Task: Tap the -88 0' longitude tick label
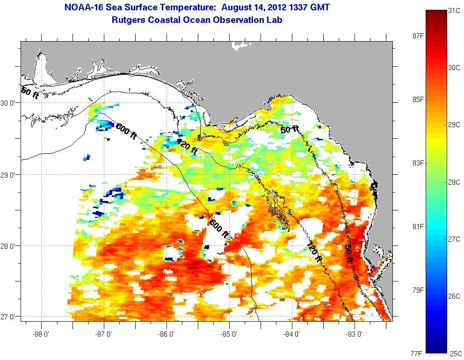point(41,335)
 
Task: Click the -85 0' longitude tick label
point(229,335)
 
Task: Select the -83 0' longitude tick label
point(354,335)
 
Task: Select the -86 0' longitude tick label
point(166,335)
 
